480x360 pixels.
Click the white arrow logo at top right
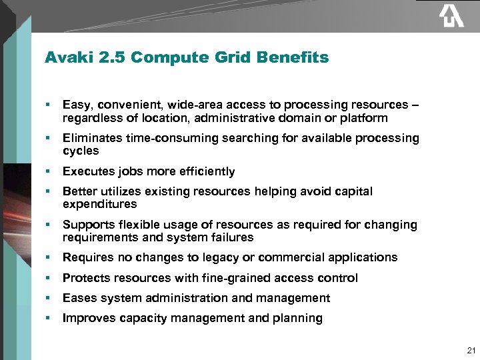(451, 16)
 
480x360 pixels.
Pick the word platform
(364, 118)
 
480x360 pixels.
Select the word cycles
(81, 151)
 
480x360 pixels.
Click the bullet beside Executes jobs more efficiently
(49, 171)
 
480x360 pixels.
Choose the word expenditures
(99, 204)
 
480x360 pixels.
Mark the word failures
(231, 237)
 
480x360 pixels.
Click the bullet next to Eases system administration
(49, 298)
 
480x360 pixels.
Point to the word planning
(297, 318)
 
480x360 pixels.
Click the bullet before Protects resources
(49, 278)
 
